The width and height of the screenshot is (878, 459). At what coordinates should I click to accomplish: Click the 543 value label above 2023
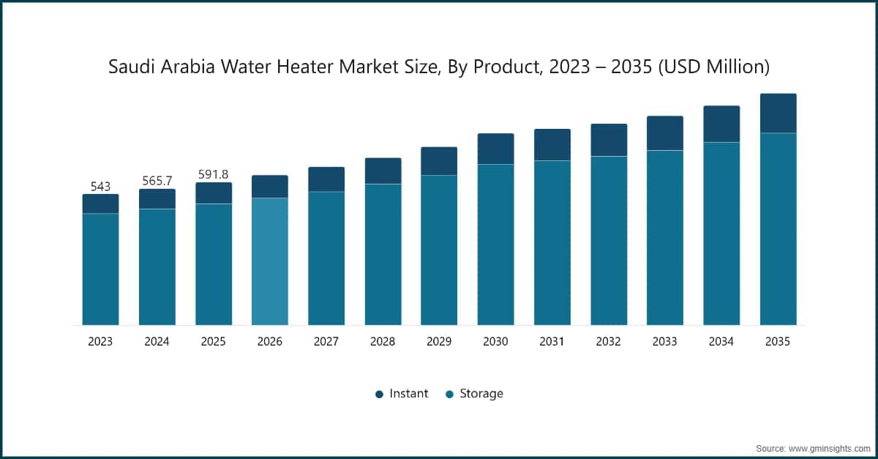coord(100,187)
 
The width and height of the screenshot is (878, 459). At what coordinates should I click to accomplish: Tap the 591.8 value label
coord(213,175)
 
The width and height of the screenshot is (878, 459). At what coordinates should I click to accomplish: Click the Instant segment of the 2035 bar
coord(778,113)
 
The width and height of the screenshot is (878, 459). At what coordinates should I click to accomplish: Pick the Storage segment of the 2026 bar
coord(270,261)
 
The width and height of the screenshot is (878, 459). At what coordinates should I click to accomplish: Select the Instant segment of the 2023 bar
coord(100,204)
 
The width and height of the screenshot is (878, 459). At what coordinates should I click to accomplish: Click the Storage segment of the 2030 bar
coord(496,245)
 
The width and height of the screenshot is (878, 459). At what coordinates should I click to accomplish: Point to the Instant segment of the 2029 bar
coord(439,161)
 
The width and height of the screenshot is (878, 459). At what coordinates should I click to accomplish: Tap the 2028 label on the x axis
coord(383,342)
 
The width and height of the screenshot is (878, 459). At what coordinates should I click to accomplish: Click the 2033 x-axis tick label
coord(664,342)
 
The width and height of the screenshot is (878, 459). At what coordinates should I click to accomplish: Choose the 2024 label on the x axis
coord(157,342)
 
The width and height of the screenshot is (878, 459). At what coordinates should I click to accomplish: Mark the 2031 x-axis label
coord(552,342)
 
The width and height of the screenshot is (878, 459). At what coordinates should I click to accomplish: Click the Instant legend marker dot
coord(379,394)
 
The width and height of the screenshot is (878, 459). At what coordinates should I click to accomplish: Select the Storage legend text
coord(481,394)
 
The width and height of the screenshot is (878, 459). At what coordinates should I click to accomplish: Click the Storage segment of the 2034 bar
coord(721,234)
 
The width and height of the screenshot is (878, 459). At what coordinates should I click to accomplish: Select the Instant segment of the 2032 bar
coord(609,140)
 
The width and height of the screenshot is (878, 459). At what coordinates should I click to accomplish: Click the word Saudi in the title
coord(127,67)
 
